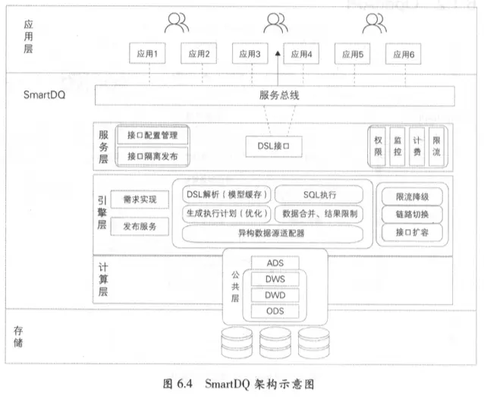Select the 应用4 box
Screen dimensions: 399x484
pos(302,55)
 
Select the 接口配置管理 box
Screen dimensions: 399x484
pos(152,136)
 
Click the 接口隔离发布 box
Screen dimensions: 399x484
pos(152,155)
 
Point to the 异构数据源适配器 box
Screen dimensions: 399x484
pos(271,234)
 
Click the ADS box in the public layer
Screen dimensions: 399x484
pos(275,263)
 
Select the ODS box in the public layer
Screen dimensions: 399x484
pos(275,311)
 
